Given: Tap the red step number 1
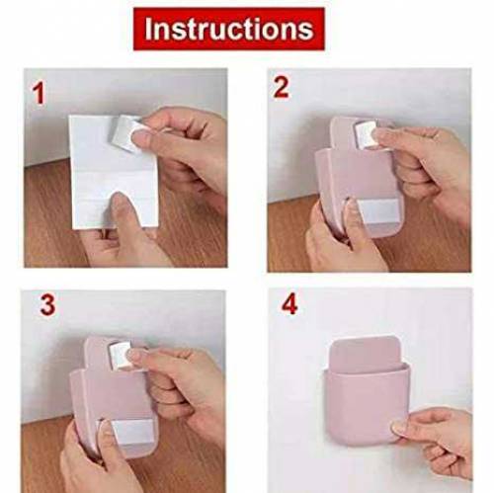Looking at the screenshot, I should (x=41, y=95).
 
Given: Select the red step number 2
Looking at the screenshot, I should (x=282, y=87).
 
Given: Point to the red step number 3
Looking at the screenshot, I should (x=46, y=305).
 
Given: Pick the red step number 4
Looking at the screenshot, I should (x=288, y=304).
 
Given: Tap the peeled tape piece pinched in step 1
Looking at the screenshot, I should (x=123, y=130).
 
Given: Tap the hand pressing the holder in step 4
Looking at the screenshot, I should (x=440, y=435).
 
